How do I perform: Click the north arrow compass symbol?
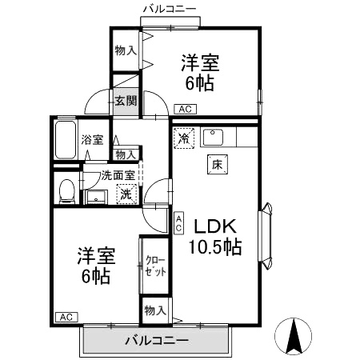tap(293, 336)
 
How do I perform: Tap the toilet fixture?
tap(66, 190)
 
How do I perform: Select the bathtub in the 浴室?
tap(66, 140)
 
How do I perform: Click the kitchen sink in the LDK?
tap(212, 137)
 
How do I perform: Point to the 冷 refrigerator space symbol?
tap(184, 138)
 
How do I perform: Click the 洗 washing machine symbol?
tap(126, 194)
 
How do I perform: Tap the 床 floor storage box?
tap(218, 164)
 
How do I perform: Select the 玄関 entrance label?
tap(126, 101)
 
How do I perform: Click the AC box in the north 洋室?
tap(185, 109)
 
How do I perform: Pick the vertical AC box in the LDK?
tap(178, 223)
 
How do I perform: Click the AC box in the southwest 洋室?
tap(66, 317)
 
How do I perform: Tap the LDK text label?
tap(215, 226)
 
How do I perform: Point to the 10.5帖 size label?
tap(215, 247)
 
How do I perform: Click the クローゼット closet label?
tap(156, 266)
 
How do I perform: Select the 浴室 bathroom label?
tap(92, 140)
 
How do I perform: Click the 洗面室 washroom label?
tap(118, 175)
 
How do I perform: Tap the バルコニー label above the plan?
tap(170, 9)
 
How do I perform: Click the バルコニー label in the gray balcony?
tap(157, 341)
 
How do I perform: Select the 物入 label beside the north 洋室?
tap(126, 50)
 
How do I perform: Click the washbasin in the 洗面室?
tap(96, 197)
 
